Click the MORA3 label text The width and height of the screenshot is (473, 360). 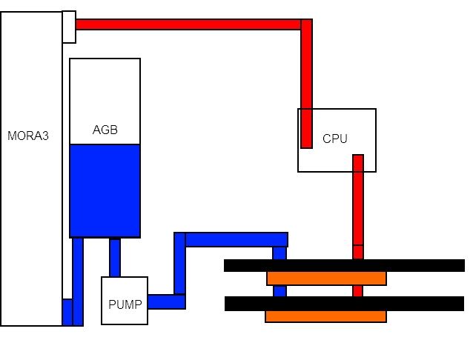click(x=28, y=136)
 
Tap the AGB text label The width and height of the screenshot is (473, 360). click(x=105, y=130)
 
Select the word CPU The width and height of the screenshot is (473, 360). click(x=335, y=139)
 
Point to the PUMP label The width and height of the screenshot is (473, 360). click(x=124, y=304)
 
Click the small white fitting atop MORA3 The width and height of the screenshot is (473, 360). click(x=68, y=27)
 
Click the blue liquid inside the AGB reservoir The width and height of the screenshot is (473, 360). click(x=105, y=190)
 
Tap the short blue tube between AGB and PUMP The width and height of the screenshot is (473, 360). click(x=115, y=257)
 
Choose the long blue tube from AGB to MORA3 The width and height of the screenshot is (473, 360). click(x=78, y=281)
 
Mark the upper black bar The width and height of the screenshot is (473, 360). click(x=344, y=265)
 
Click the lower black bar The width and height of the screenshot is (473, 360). click(x=344, y=304)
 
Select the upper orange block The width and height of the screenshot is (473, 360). click(x=326, y=279)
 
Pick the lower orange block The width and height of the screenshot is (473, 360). click(x=326, y=316)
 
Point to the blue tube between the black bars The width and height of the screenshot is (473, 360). click(x=279, y=290)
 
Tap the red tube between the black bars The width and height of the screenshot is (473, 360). click(x=358, y=290)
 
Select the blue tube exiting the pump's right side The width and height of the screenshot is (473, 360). click(x=166, y=301)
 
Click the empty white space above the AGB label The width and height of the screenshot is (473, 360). click(x=105, y=89)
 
